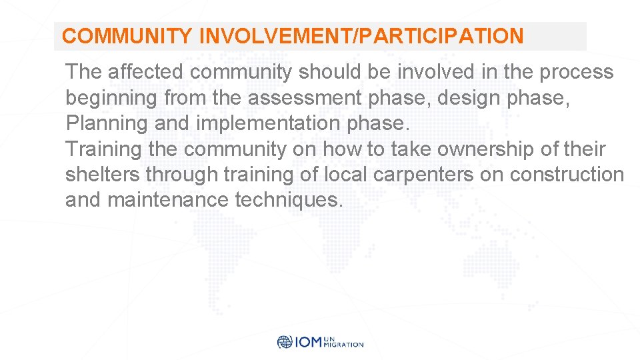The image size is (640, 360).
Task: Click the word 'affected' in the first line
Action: tap(147, 72)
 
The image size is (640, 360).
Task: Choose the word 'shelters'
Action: tap(103, 175)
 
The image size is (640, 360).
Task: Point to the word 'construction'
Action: tap(567, 175)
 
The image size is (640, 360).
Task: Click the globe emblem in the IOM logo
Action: tap(285, 342)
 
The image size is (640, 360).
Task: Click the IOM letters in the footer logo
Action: tap(307, 342)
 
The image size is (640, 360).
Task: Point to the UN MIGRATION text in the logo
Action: tap(343, 342)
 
